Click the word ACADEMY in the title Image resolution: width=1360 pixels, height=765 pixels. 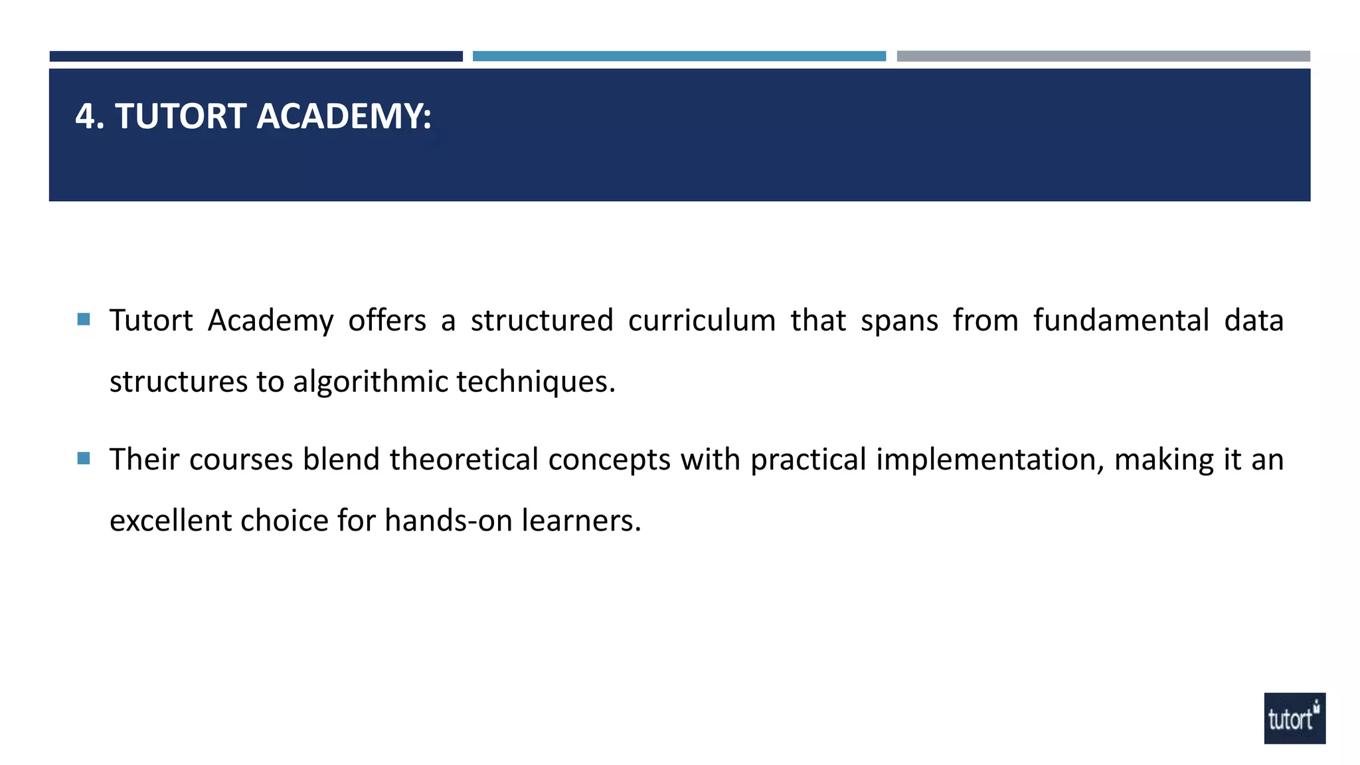tap(343, 116)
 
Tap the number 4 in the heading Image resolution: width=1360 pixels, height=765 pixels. tap(85, 116)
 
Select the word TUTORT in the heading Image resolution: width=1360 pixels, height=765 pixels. tap(181, 116)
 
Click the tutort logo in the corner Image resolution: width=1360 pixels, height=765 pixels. tap(1294, 718)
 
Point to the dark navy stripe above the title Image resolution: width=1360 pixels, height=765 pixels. tap(256, 56)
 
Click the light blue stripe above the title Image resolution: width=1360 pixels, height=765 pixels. tap(679, 56)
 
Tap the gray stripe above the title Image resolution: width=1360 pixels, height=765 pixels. tap(1103, 56)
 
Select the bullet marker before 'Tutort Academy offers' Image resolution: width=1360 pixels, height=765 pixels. tap(84, 319)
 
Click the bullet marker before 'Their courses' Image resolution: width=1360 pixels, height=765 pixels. tap(84, 458)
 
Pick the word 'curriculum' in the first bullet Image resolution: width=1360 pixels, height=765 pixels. tap(702, 321)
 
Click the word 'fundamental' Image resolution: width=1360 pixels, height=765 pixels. tap(1121, 321)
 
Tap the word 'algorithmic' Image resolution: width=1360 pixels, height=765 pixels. tap(371, 382)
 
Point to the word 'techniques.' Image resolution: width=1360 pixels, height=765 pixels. tap(536, 382)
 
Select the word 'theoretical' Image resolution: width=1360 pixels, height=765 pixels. tap(464, 460)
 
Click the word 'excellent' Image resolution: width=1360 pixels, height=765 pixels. tap(170, 521)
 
